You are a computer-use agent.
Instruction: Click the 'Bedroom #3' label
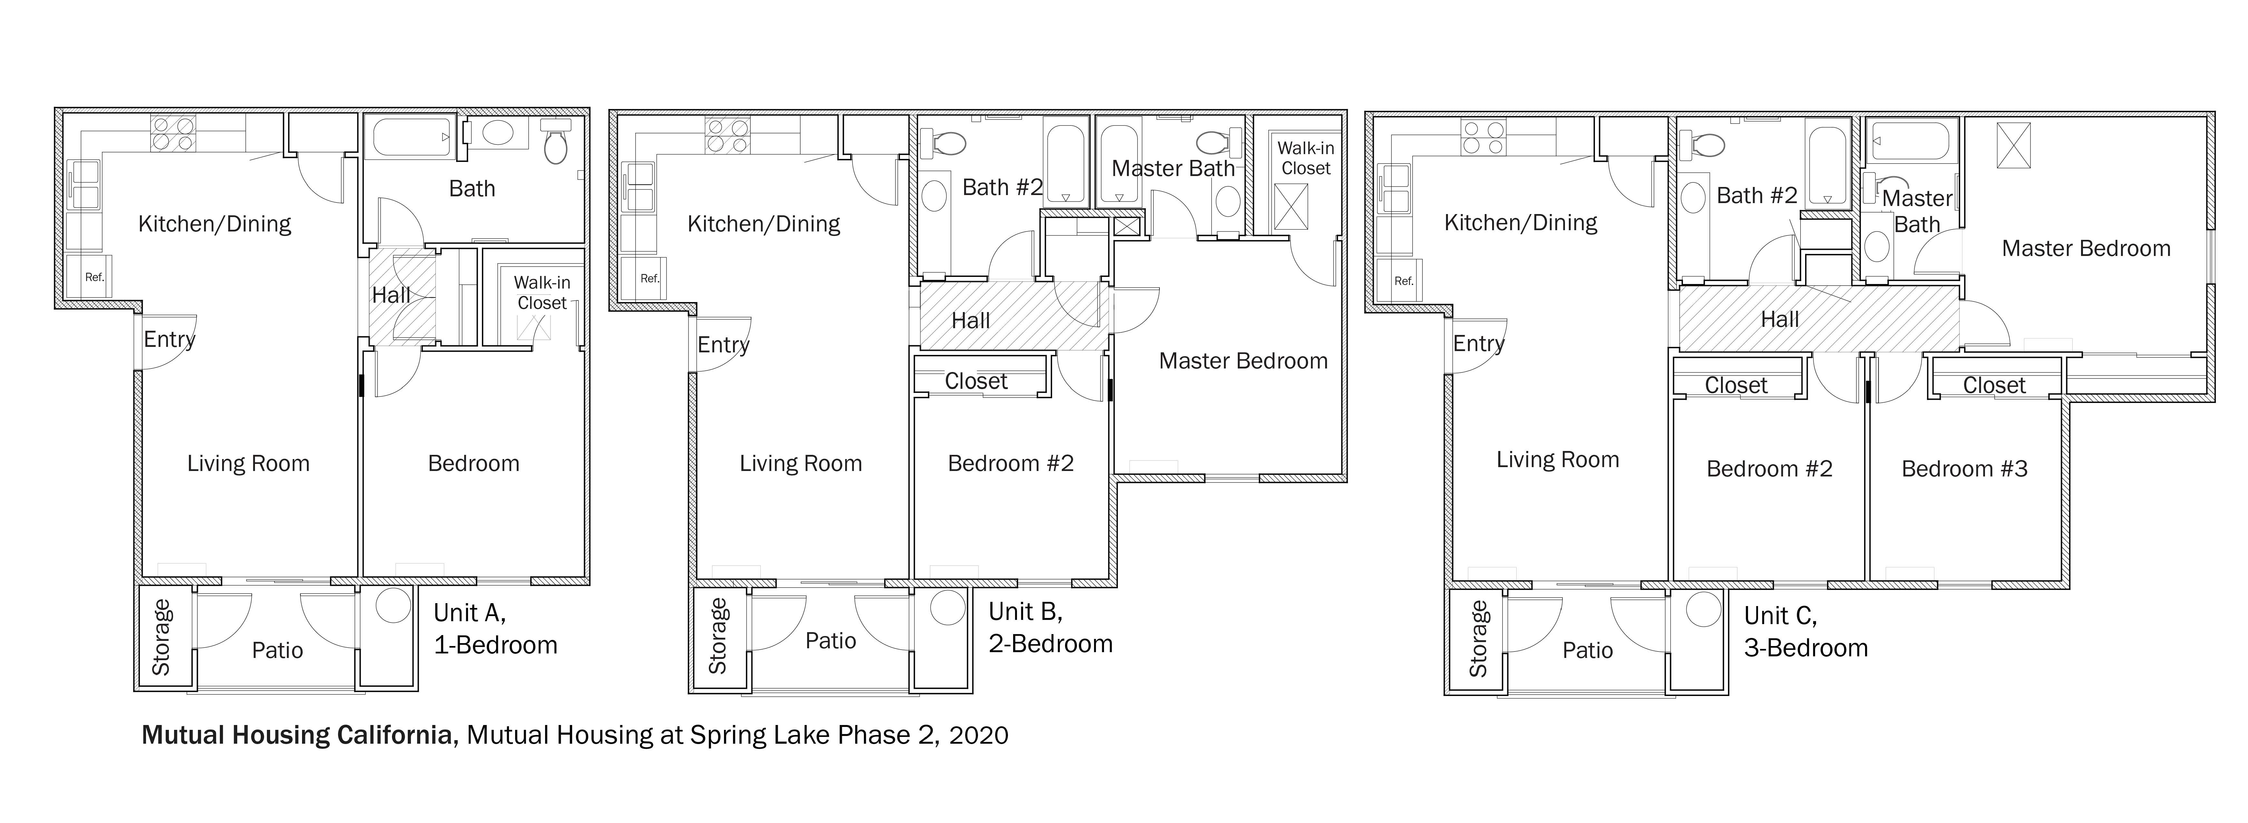click(x=1964, y=469)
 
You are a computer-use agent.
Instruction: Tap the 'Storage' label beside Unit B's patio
click(x=717, y=636)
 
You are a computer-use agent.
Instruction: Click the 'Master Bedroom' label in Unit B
click(x=1243, y=360)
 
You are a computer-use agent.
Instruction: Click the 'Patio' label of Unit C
click(x=1588, y=650)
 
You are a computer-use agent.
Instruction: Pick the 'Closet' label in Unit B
click(x=976, y=381)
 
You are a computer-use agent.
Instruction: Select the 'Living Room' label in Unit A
click(x=249, y=464)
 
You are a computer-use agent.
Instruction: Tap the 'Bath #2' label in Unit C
click(x=1757, y=195)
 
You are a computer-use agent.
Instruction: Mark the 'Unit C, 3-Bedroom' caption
click(x=1805, y=632)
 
